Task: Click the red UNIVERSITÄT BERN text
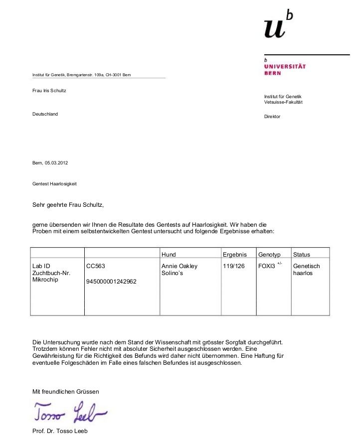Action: (x=285, y=69)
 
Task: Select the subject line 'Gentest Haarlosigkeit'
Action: (x=54, y=184)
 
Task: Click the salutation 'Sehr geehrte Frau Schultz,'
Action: (x=68, y=205)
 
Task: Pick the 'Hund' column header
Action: (x=169, y=255)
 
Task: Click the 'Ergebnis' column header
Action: (x=234, y=255)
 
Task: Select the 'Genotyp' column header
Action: (x=269, y=255)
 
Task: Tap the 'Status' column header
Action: (x=302, y=255)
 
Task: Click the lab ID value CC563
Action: (x=95, y=266)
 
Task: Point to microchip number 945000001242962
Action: (x=111, y=282)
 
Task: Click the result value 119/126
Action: (x=234, y=266)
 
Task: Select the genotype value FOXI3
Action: (x=267, y=266)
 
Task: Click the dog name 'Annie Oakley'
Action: (x=180, y=266)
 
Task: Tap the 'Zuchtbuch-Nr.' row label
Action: (x=51, y=274)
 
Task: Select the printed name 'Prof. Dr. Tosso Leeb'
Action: (x=60, y=431)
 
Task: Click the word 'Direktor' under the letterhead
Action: (x=272, y=117)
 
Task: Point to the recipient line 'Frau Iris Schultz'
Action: (x=49, y=91)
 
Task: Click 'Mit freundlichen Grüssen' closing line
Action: (x=66, y=392)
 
